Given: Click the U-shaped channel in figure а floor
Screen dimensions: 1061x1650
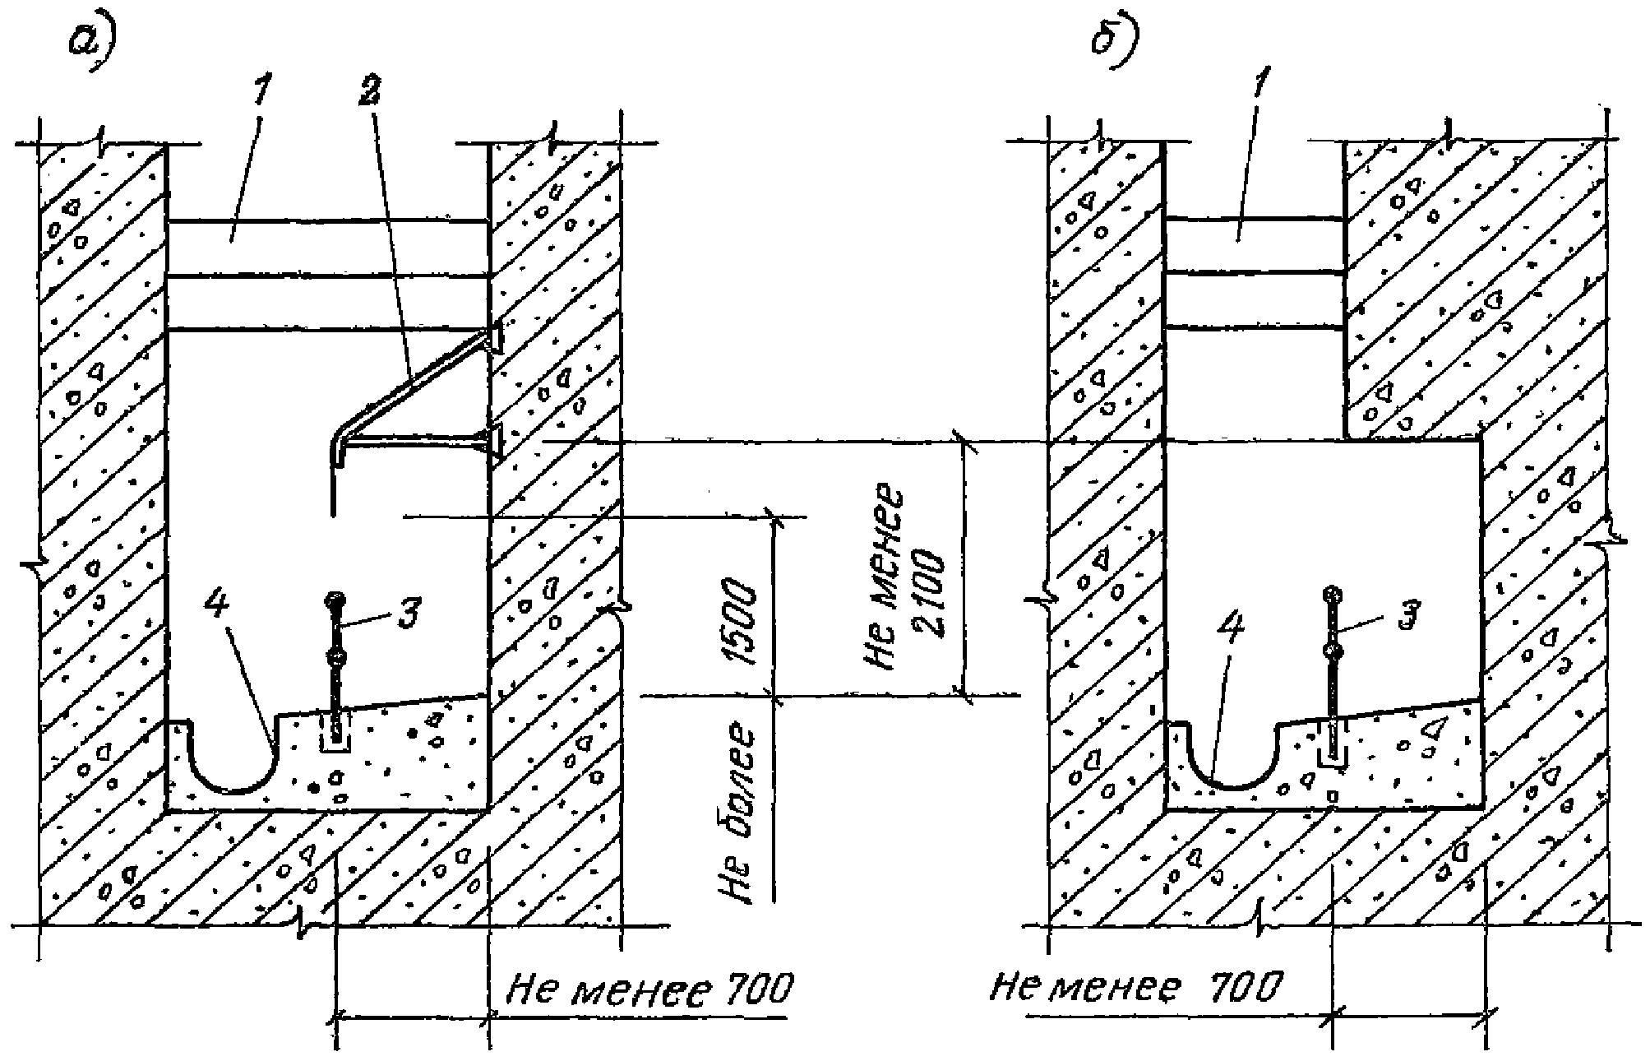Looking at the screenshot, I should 234,765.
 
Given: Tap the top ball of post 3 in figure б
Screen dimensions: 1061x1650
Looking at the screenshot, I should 1332,593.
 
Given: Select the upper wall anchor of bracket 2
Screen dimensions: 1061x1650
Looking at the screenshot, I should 495,336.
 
